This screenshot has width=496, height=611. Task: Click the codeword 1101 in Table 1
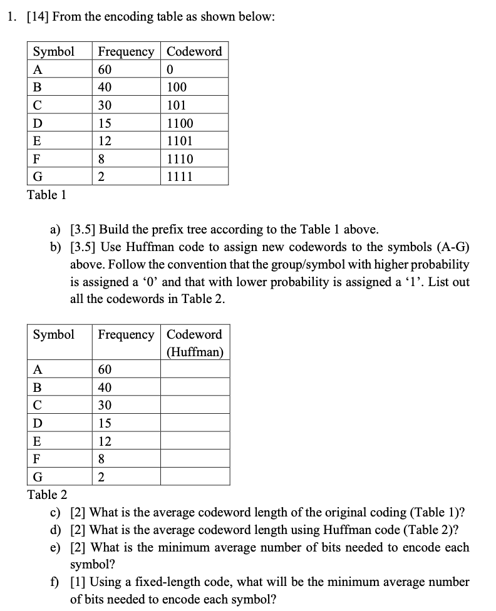pos(180,141)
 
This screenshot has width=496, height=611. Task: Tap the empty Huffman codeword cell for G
pos(195,477)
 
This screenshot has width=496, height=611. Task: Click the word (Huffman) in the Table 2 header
pos(195,352)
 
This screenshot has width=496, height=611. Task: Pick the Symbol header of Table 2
pos(53,334)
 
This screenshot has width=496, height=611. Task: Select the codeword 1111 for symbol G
pos(180,177)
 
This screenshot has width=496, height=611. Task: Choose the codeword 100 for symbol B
pos(177,87)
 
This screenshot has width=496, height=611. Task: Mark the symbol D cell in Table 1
pos(38,123)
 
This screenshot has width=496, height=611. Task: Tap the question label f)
pos(56,582)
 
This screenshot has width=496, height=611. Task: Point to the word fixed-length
pos(161,582)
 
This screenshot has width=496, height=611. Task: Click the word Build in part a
pos(116,229)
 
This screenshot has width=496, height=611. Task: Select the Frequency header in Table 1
pos(126,51)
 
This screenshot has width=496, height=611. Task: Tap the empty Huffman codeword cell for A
pos(195,369)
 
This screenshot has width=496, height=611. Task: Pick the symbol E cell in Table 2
pos(38,441)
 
